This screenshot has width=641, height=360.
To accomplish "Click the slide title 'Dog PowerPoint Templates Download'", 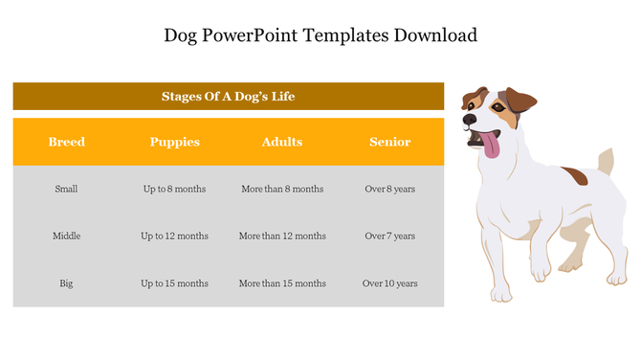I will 320,35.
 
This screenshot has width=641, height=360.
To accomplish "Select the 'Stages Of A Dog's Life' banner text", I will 228,97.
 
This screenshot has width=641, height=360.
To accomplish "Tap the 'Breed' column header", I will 67,142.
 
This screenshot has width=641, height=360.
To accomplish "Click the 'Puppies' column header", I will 174,142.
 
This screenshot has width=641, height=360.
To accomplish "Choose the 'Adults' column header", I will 282,142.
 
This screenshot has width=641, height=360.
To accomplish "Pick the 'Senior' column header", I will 389,142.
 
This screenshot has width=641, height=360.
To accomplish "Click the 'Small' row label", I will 66,189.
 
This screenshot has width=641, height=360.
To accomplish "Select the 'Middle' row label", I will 66,236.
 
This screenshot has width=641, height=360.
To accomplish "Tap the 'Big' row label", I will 66,283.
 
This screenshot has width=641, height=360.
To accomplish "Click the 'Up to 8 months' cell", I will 174,189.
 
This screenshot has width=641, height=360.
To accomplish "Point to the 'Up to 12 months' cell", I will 174,236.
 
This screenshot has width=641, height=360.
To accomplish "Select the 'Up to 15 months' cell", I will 174,283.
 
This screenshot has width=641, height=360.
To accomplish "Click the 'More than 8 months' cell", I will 282,189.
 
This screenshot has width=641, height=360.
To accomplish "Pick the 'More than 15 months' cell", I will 282,283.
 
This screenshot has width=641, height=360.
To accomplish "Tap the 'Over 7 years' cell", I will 389,236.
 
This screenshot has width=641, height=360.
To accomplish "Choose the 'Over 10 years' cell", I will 389,283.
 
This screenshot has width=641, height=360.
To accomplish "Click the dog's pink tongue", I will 490,146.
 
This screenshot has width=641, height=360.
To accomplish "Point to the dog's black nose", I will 469,121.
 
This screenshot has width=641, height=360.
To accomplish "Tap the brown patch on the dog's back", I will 575,176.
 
